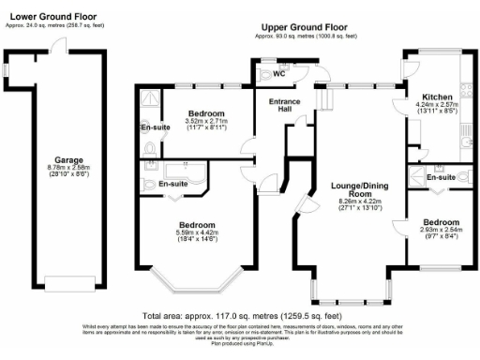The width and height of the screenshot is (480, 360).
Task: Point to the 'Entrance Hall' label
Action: [x=285, y=106]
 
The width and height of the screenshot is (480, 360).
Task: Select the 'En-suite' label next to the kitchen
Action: [x=441, y=177]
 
